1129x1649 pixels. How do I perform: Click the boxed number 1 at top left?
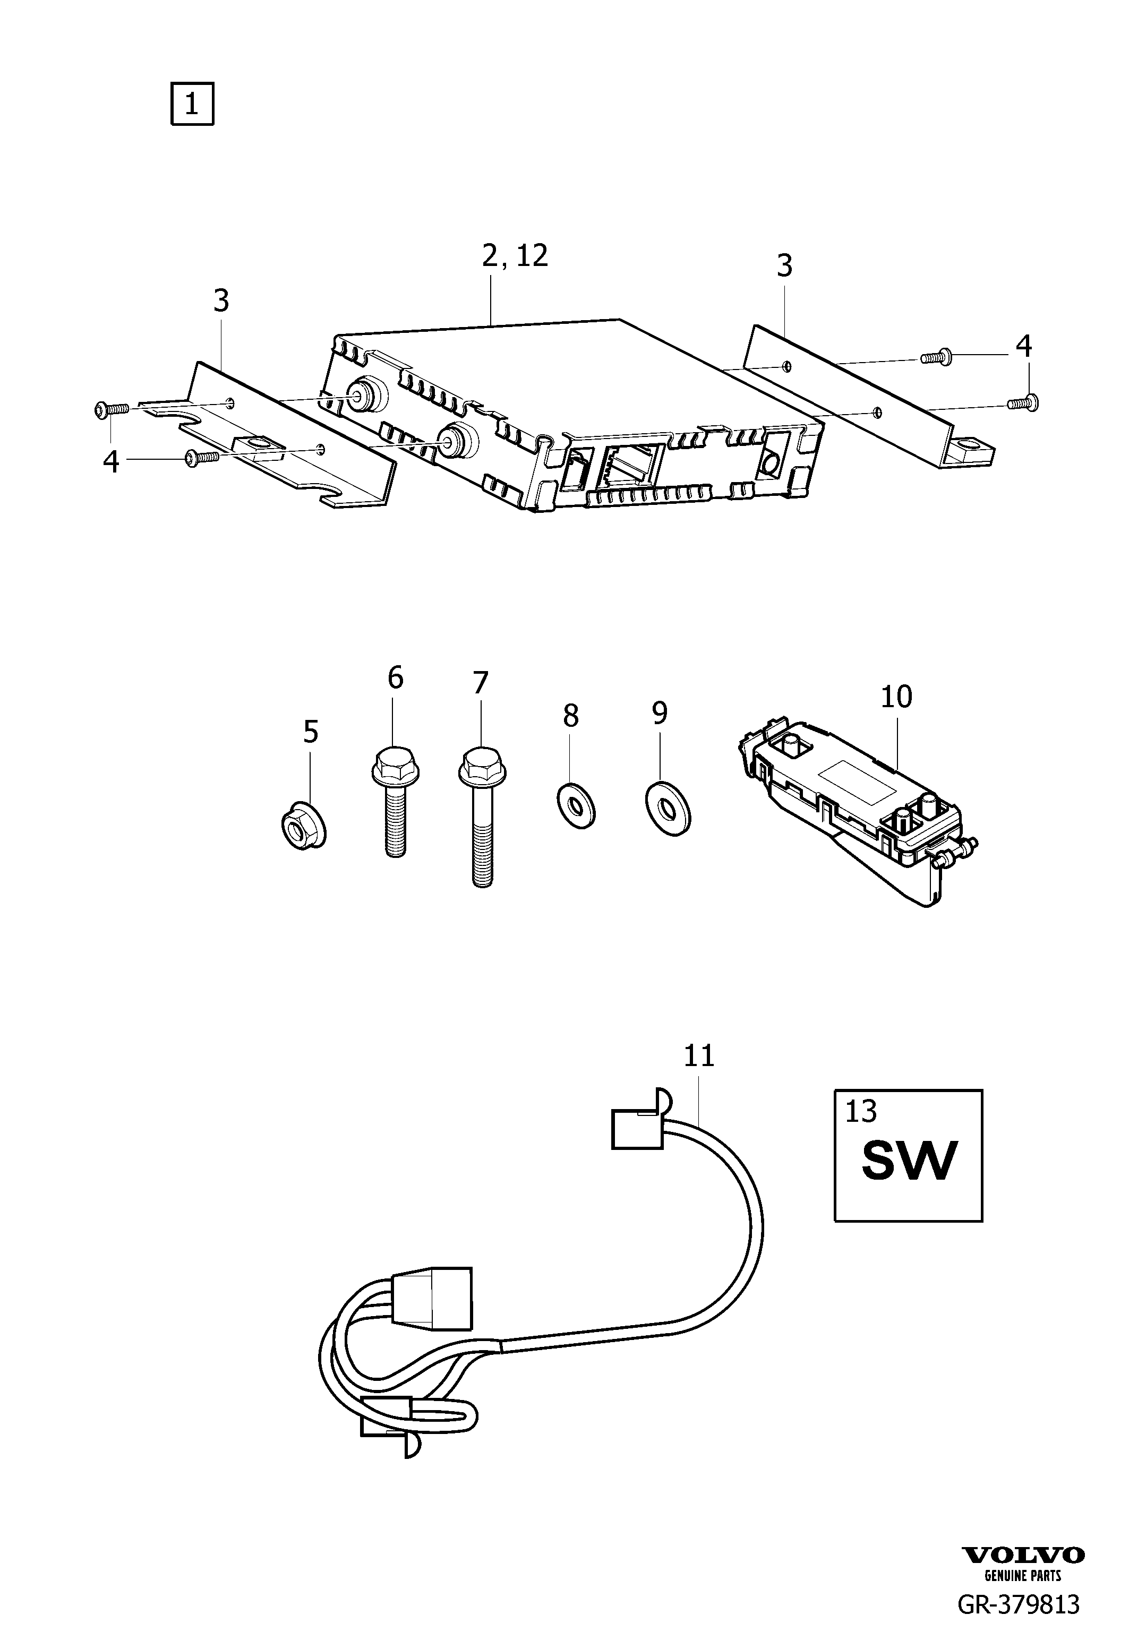click(192, 105)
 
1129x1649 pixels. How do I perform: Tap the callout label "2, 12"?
click(515, 255)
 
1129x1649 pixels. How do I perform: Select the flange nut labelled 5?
click(302, 827)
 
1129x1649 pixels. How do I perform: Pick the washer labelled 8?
click(576, 806)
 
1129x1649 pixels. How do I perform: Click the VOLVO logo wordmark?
click(1023, 1574)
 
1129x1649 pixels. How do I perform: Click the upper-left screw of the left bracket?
click(110, 409)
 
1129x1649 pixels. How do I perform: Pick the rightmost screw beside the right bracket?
click(1023, 403)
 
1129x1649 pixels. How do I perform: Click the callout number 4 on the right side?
click(1023, 346)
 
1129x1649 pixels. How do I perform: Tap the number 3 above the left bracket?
click(221, 301)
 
